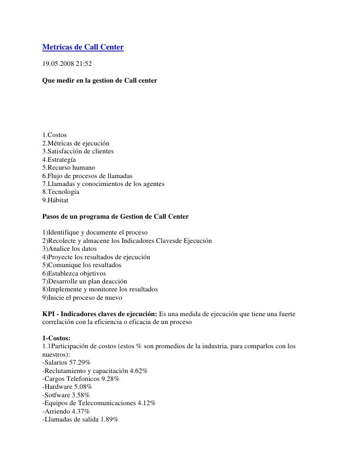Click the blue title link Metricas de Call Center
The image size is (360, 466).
pyautogui.click(x=83, y=47)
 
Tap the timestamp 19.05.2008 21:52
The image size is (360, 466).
pyautogui.click(x=67, y=64)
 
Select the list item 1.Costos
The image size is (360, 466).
pyautogui.click(x=55, y=135)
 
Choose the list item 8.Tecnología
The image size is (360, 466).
pyautogui.click(x=61, y=191)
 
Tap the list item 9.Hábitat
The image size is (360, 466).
pyautogui.click(x=56, y=200)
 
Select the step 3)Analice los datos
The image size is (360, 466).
pyautogui.click(x=70, y=249)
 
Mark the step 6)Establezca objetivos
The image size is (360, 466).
pyautogui.click(x=74, y=273)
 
